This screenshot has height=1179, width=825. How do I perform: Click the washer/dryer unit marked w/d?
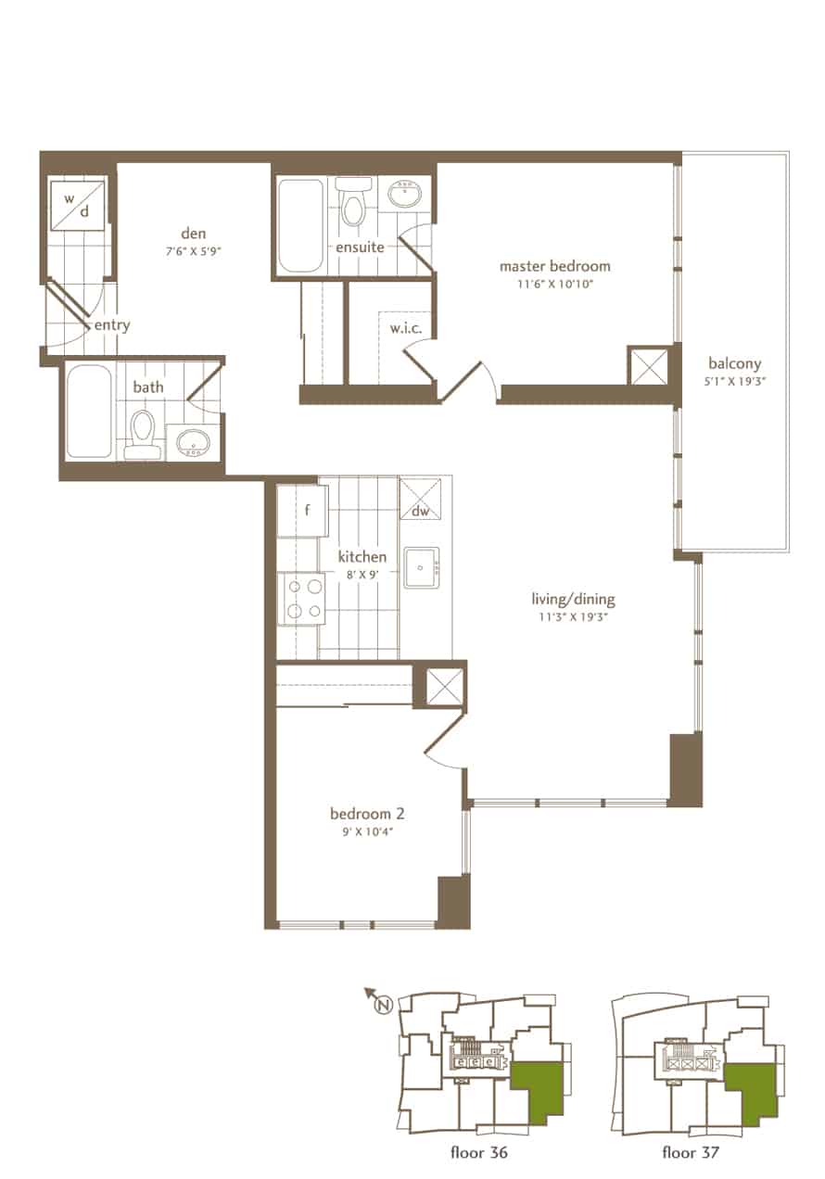77,205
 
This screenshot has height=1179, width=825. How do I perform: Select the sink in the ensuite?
405,195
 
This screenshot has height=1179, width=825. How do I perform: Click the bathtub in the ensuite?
300,226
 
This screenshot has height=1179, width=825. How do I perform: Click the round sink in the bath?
193,442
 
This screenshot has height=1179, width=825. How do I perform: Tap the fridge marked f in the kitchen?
303,511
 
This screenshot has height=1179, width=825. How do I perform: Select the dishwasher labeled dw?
420,498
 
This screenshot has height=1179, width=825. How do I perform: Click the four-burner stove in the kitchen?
301,599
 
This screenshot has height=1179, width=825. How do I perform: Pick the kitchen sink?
421,568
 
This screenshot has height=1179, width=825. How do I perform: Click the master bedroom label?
555,266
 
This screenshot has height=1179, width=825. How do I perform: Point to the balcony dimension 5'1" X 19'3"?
734,381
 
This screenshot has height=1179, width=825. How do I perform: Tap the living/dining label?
574,599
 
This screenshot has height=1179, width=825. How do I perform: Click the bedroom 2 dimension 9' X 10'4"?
367,831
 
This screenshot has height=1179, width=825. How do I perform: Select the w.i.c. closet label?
406,329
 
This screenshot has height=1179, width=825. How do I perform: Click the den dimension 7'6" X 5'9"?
193,251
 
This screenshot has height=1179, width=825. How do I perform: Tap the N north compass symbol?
384,1004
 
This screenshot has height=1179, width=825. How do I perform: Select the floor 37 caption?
691,1152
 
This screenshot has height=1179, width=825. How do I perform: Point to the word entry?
111,326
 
